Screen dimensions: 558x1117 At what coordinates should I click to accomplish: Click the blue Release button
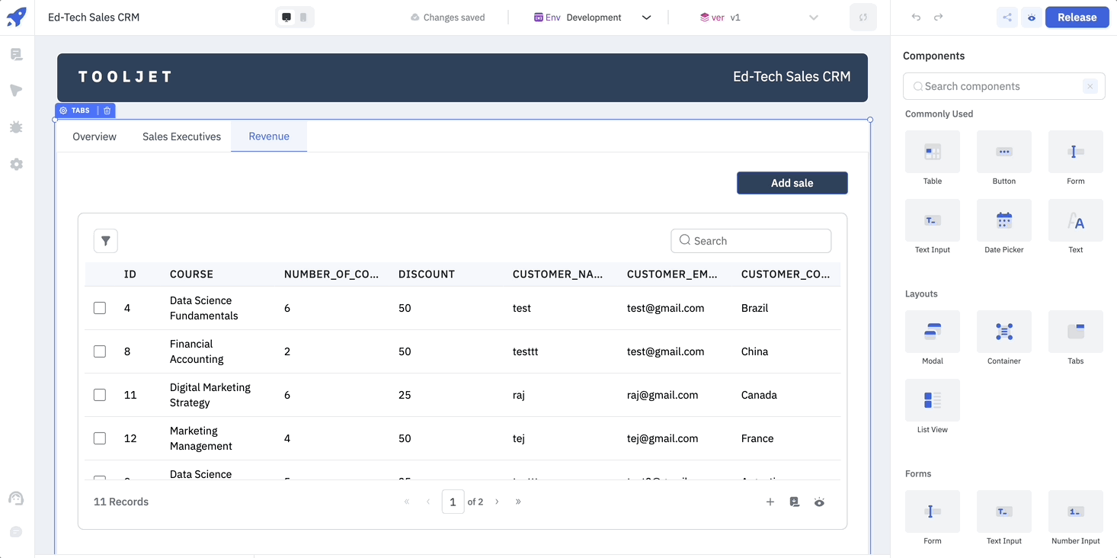pos(1077,18)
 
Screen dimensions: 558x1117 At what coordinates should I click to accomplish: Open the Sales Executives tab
pos(181,136)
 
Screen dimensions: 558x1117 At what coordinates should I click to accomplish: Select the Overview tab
pos(94,136)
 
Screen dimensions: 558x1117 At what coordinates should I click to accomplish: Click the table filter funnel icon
pos(106,241)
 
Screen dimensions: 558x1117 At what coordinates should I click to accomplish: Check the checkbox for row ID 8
pos(100,351)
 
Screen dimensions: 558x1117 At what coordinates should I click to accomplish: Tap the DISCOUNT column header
pos(427,274)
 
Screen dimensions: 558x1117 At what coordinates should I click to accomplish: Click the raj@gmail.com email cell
pos(663,395)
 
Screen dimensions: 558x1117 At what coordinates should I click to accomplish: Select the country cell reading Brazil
pos(754,308)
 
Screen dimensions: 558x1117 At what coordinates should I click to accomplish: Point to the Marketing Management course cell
pos(201,438)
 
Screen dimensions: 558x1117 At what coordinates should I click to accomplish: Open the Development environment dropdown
pos(594,18)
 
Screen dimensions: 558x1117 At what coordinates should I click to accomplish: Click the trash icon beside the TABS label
pos(107,111)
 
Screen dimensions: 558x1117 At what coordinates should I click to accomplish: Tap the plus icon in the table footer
pos(770,502)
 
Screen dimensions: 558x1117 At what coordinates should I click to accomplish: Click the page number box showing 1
pos(453,502)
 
